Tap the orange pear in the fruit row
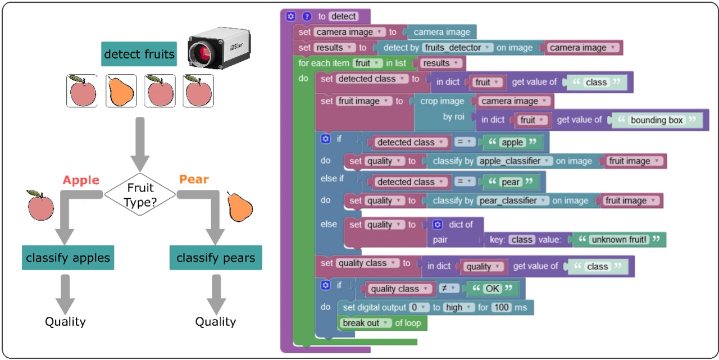(121, 90)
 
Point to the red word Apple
(81, 180)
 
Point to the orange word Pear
(194, 180)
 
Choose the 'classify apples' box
(68, 258)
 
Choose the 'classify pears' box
(216, 258)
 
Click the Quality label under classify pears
(216, 322)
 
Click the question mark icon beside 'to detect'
(307, 16)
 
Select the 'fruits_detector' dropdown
(458, 48)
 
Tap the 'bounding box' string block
(657, 120)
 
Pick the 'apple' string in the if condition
(512, 143)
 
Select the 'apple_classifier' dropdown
(515, 161)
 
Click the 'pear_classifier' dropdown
(512, 200)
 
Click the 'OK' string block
(492, 289)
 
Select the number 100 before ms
(501, 307)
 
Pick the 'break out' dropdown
(365, 323)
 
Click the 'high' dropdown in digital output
(457, 307)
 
